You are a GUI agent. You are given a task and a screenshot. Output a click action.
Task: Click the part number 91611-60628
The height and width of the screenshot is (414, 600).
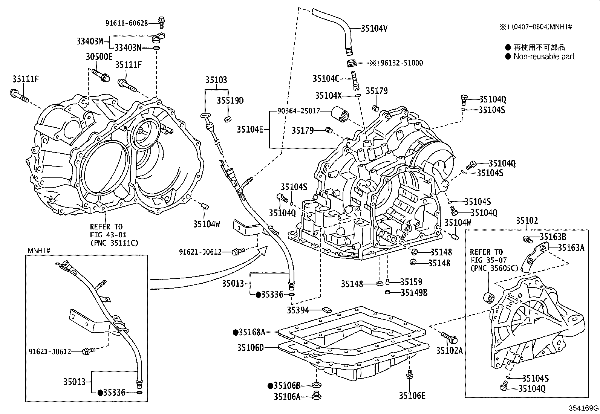point(126,23)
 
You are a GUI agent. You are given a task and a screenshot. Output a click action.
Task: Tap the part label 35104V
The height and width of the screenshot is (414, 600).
point(374,28)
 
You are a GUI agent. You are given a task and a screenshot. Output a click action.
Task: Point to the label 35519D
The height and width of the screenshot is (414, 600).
point(230,101)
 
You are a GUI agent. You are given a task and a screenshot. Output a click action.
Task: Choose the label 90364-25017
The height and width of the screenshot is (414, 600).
point(298,111)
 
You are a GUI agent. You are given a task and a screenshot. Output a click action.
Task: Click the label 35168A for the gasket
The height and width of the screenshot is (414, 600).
point(252,332)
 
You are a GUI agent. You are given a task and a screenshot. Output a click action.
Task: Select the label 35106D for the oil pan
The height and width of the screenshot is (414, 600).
point(251,347)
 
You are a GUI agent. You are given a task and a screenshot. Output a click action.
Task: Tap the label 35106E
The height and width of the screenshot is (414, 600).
point(412,396)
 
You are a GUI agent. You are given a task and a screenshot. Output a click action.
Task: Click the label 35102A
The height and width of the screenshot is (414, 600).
point(449,351)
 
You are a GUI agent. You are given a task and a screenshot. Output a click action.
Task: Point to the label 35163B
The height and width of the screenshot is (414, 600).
point(553,237)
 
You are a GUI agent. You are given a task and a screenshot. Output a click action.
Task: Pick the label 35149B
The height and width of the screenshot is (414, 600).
point(414,292)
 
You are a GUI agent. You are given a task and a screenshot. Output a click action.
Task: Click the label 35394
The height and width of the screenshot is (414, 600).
point(298,310)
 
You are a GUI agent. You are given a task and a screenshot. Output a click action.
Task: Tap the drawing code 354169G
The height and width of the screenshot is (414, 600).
point(584,408)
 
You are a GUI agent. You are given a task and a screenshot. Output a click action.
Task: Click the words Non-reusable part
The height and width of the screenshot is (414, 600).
point(544,57)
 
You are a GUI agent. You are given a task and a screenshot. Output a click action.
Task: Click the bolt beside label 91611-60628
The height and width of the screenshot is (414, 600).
point(161,22)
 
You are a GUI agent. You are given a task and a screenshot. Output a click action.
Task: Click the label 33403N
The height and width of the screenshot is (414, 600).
point(128,48)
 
